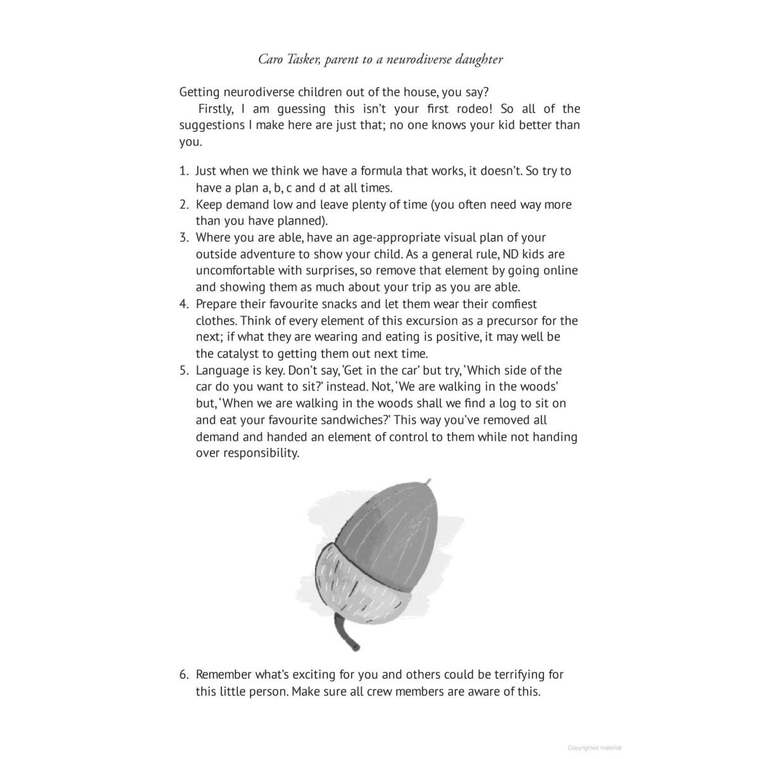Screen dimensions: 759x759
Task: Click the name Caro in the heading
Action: (271, 59)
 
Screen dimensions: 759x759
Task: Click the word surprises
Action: (343, 271)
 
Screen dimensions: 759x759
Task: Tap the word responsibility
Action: (256, 453)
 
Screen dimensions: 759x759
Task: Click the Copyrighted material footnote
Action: (595, 747)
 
